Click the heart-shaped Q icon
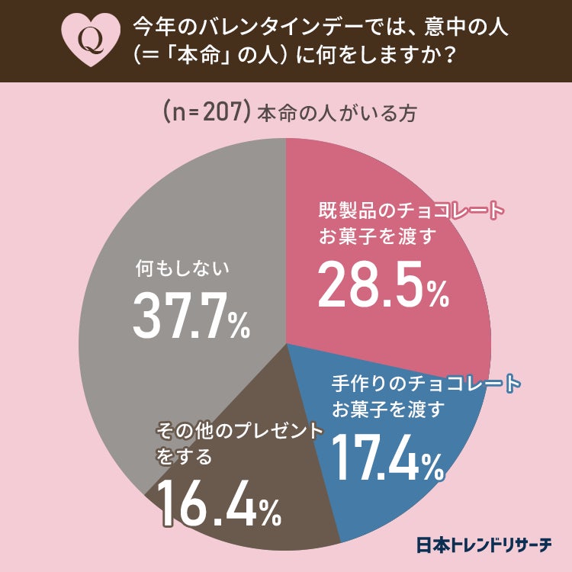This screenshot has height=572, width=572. [x=91, y=40]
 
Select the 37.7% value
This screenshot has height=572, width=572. [x=191, y=315]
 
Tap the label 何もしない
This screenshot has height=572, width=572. [x=182, y=269]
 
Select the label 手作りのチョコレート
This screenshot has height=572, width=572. [x=426, y=382]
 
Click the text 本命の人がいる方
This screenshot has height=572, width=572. [x=336, y=113]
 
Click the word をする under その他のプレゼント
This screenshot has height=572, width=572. [x=183, y=458]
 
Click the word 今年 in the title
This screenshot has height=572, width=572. [x=149, y=27]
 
